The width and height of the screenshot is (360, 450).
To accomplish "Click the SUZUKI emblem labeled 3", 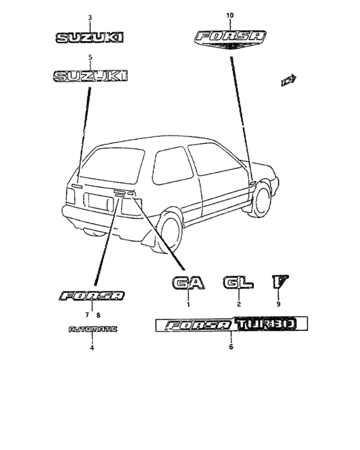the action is (x=89, y=37).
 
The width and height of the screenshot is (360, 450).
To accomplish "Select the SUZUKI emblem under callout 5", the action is (x=90, y=76).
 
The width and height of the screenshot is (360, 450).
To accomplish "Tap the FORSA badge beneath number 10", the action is (x=230, y=39).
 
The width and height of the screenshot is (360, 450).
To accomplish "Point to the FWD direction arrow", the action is (x=289, y=80).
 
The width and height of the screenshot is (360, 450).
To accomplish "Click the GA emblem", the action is (x=188, y=283).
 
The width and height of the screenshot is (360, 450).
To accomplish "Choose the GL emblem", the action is (x=239, y=282).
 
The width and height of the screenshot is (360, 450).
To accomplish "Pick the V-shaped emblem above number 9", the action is (x=280, y=282).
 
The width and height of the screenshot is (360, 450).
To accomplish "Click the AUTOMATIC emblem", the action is (x=93, y=329).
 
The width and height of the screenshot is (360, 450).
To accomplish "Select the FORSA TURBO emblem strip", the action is (x=231, y=324).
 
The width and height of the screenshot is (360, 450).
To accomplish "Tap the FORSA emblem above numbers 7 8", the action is (x=92, y=296).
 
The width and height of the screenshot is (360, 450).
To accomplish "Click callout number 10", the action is (x=230, y=15).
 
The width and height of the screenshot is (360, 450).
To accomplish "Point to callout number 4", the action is (x=92, y=348).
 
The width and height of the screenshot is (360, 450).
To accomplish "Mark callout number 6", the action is (x=231, y=346).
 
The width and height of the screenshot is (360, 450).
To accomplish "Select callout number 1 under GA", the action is (x=188, y=305).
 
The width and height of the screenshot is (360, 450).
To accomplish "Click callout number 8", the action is (x=98, y=316).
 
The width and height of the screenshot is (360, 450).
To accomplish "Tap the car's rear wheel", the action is (x=171, y=230).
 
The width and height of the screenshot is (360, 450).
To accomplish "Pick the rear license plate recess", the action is (x=98, y=203).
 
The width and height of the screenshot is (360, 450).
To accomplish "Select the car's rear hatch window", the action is (x=113, y=165).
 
